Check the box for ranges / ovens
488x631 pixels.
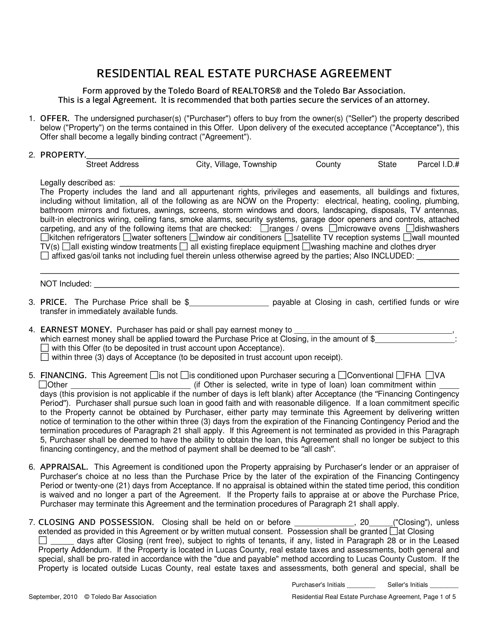click(264, 229)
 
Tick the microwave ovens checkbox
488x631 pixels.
click(333, 229)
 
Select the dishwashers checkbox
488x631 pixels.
click(410, 229)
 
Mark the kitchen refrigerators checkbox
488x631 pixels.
click(44, 237)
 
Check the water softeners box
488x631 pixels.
click(127, 237)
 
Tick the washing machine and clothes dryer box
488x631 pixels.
click(306, 247)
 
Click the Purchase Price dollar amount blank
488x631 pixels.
click(229, 302)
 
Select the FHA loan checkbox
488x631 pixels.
click(400, 375)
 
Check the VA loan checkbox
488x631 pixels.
click(430, 375)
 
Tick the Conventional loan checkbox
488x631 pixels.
click(342, 375)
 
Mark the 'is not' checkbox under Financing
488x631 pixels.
click(154, 375)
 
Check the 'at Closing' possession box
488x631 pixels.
click(394, 531)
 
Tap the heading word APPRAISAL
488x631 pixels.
click(64, 467)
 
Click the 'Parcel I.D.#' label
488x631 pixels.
click(438, 164)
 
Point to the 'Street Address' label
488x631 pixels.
click(112, 164)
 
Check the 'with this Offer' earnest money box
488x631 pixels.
click(44, 348)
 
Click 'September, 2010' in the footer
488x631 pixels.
click(53, 597)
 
